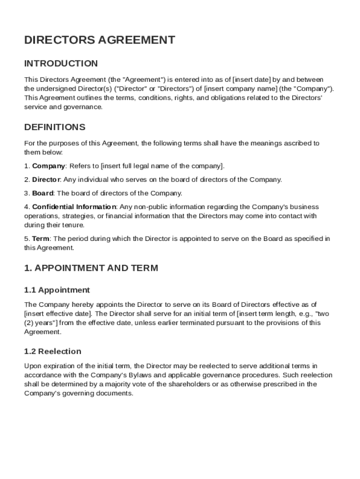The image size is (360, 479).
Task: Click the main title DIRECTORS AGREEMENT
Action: point(100,40)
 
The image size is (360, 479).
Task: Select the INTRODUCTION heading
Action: point(61,64)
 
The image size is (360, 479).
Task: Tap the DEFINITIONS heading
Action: point(55,127)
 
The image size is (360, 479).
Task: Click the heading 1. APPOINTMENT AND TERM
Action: point(91,268)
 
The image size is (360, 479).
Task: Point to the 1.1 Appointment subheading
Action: point(57,290)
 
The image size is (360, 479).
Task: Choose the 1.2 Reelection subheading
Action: point(53,351)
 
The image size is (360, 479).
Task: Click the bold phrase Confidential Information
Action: point(74,207)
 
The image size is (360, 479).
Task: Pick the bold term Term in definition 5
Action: point(41,239)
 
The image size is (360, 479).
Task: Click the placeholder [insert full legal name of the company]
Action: point(162,166)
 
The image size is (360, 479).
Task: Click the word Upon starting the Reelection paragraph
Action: point(32,366)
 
